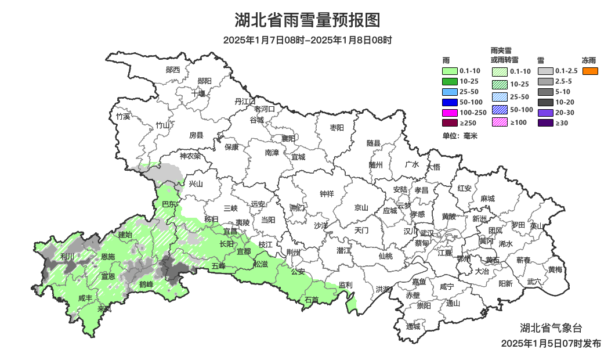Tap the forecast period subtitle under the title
click(307, 40)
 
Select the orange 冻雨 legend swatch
click(590, 71)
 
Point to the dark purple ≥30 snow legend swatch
click(545, 123)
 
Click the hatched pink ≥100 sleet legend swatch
click(500, 122)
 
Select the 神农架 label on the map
click(190, 156)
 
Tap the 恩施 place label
click(108, 256)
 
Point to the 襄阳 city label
click(288, 138)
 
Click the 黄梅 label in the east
click(555, 269)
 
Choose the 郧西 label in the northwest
click(173, 70)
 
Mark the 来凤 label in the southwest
click(104, 309)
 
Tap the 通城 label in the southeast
click(413, 326)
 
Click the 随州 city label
click(376, 164)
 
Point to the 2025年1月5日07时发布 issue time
click(551, 344)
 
